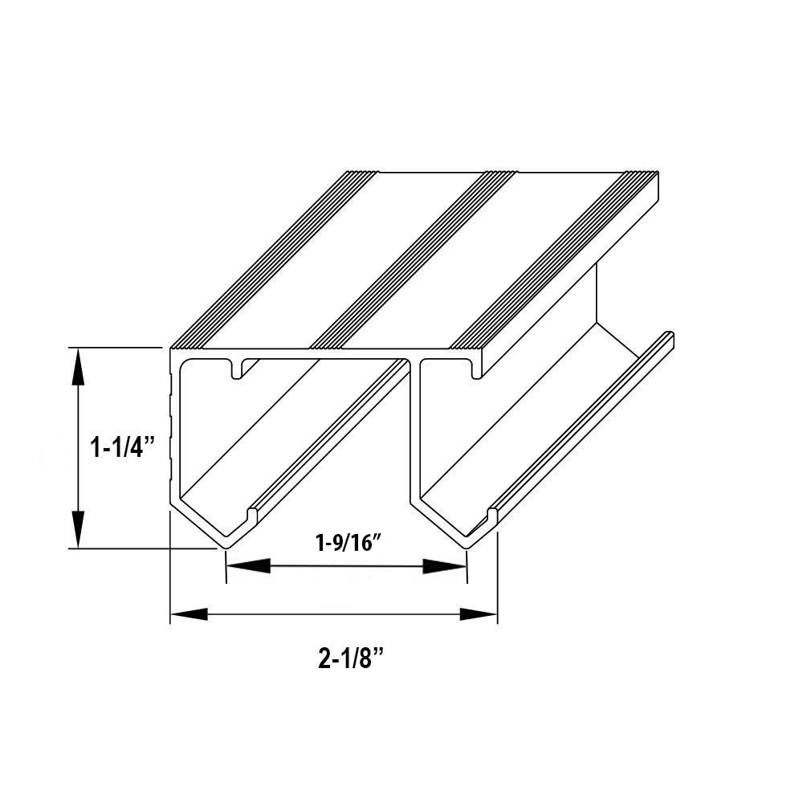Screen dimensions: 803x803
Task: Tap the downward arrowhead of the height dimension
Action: coord(78,531)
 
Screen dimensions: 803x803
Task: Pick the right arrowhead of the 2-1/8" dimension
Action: coord(479,615)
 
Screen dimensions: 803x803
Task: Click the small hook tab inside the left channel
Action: coord(237,369)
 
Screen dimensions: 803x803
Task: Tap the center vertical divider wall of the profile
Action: coord(415,434)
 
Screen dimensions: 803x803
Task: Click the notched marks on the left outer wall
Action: coord(170,426)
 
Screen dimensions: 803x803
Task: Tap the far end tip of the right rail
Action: coord(669,336)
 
